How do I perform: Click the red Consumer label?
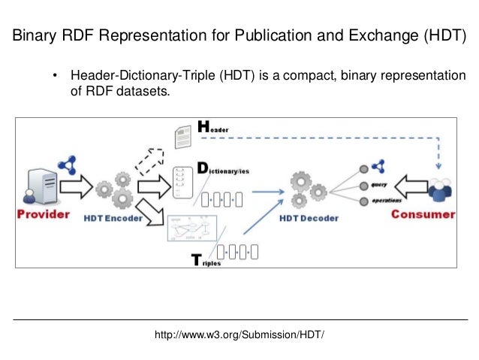point(423,215)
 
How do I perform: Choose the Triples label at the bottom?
point(206,262)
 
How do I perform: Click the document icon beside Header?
point(182,136)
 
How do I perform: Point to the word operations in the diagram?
point(386,200)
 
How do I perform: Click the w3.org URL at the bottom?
point(239,333)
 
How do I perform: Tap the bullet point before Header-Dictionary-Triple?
point(55,77)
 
